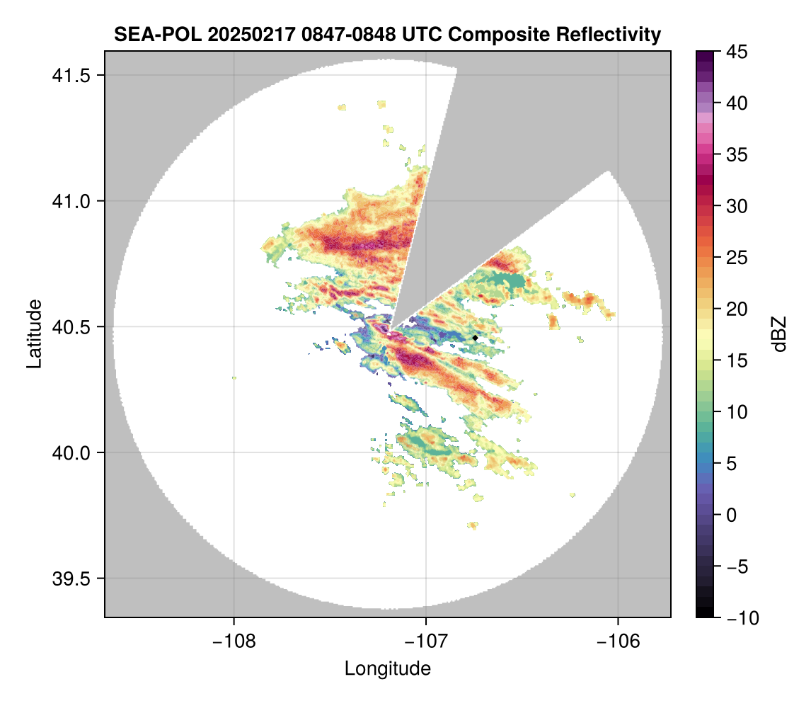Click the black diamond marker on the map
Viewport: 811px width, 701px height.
coord(475,338)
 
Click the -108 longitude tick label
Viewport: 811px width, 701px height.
coord(234,641)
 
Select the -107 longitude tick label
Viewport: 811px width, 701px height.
coord(426,641)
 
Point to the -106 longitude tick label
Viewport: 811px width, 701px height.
coord(619,641)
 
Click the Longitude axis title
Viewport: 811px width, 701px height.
coord(388,668)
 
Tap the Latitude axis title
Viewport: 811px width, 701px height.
coord(33,334)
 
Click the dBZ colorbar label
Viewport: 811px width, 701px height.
coord(779,334)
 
